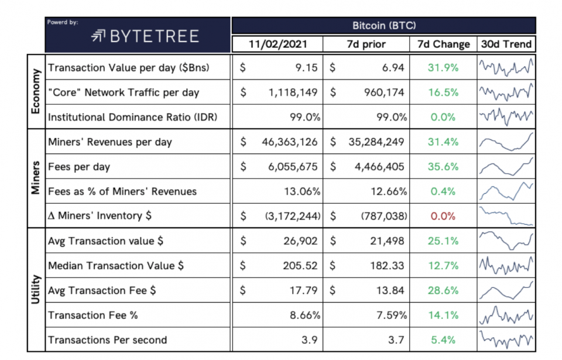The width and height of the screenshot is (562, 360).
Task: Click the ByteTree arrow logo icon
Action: pyautogui.click(x=98, y=36)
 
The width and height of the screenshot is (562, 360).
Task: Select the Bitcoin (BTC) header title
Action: pyautogui.click(x=384, y=26)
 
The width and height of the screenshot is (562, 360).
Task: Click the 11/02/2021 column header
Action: pyautogui.click(x=277, y=44)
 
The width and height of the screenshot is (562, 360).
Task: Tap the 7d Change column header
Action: pyautogui.click(x=443, y=44)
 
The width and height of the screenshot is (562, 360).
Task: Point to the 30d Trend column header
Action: pyautogui.click(x=506, y=44)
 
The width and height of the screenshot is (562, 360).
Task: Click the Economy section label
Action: pyautogui.click(x=36, y=91)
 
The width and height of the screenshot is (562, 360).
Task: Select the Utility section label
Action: pyautogui.click(x=36, y=289)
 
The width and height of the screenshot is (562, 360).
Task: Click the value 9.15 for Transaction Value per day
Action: pyautogui.click(x=306, y=67)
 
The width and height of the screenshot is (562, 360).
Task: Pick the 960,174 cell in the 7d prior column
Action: pyautogui.click(x=384, y=92)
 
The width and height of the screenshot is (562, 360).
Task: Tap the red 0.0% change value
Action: pyautogui.click(x=443, y=216)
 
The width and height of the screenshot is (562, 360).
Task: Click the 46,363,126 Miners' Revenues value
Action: pyautogui.click(x=289, y=142)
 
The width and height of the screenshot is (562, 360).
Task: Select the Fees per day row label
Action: pyautogui.click(x=79, y=167)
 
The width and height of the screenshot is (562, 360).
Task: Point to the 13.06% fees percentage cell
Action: pyautogui.click(x=302, y=191)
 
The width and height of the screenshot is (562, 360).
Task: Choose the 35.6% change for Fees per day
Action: pyautogui.click(x=443, y=167)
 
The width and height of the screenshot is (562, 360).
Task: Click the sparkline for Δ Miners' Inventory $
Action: pyautogui.click(x=506, y=216)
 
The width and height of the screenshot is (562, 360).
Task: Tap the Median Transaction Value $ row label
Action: pyautogui.click(x=116, y=266)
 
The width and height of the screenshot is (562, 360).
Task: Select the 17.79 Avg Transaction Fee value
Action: pyautogui.click(x=304, y=290)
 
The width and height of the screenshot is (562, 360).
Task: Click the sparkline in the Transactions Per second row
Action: pyautogui.click(x=506, y=340)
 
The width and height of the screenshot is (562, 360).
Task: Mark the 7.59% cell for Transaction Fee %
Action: pyautogui.click(x=392, y=315)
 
